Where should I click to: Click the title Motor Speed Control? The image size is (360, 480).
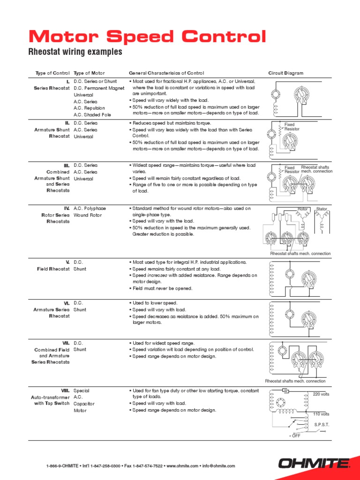tap(147, 36)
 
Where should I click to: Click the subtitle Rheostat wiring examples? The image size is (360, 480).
tap(75, 52)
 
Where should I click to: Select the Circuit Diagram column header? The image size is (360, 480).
tap(285, 73)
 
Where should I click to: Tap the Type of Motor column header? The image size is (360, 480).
tap(89, 73)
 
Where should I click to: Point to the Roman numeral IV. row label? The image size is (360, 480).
tap(67, 208)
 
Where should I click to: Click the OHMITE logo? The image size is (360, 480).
tap(314, 464)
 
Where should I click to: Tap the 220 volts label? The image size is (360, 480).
tap(321, 394)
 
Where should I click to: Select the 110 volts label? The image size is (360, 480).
tap(321, 414)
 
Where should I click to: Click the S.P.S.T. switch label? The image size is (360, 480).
tap(322, 425)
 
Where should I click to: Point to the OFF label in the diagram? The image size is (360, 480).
tap(295, 436)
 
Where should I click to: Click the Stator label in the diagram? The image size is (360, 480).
tap(322, 209)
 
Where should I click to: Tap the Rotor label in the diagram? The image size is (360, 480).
tap(302, 209)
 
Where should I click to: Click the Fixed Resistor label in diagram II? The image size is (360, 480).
tap(292, 127)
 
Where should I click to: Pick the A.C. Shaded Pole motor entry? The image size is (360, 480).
tap(92, 115)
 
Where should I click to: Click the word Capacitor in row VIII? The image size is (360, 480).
tap(83, 404)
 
